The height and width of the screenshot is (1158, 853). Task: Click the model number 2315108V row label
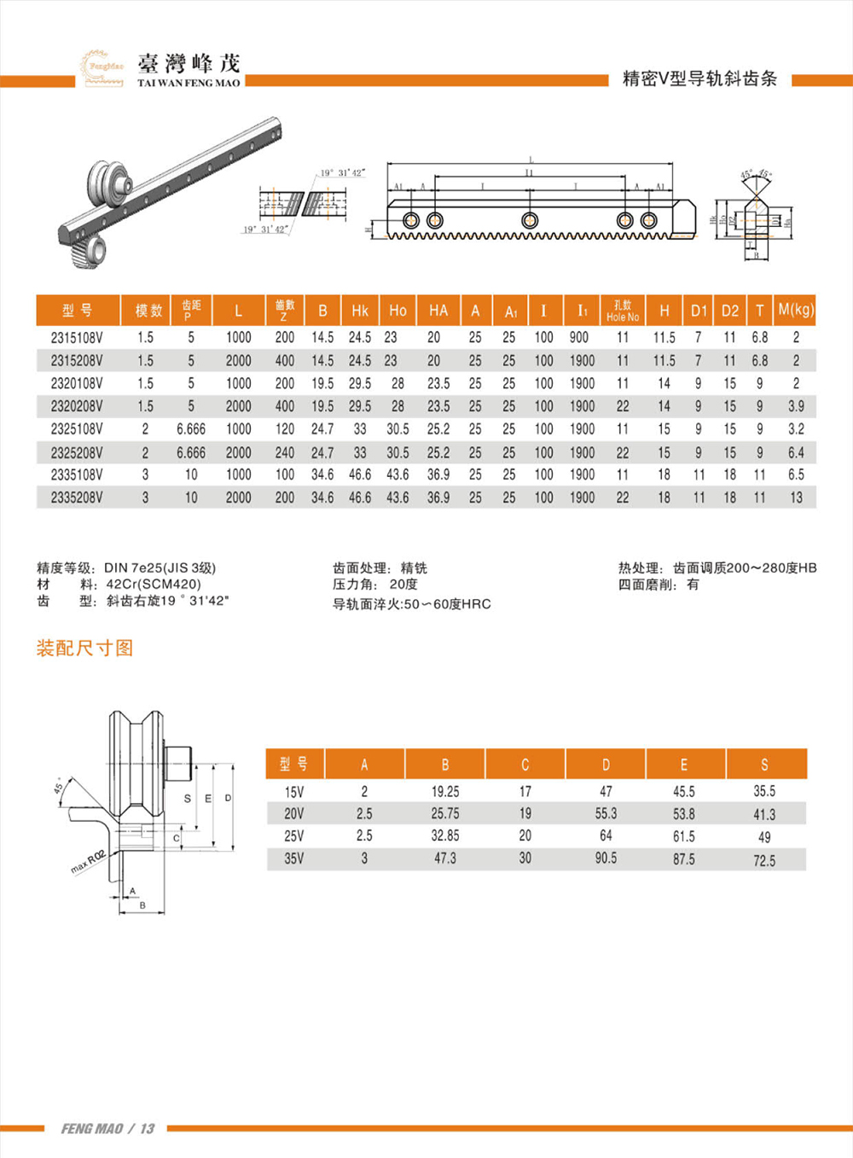click(77, 338)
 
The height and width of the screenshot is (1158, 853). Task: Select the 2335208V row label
click(77, 498)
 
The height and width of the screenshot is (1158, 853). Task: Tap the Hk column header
click(360, 311)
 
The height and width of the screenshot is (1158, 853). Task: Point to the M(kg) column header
click(796, 310)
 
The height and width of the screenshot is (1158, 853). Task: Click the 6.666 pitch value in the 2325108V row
click(191, 429)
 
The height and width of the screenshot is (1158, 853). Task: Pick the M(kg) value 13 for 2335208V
click(796, 498)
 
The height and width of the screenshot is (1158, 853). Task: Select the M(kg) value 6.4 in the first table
click(796, 452)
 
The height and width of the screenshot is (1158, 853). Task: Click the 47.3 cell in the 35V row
click(445, 858)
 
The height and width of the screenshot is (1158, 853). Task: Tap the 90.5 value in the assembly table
click(606, 858)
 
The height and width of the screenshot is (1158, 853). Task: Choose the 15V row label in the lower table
click(293, 792)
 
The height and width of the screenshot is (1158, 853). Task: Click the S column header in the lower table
click(764, 765)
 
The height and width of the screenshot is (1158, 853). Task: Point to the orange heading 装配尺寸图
click(84, 649)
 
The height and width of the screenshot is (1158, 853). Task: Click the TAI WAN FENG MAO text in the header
click(189, 83)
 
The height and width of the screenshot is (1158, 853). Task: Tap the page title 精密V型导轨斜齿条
click(699, 79)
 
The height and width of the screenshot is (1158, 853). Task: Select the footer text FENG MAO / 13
click(107, 1129)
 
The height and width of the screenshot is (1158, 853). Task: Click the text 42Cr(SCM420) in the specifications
click(154, 585)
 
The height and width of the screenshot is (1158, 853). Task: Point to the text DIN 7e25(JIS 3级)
click(160, 568)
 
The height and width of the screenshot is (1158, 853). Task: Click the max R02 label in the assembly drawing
click(88, 862)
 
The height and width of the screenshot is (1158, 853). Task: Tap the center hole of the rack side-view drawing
click(530, 219)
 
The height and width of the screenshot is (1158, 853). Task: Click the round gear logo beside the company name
click(102, 67)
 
